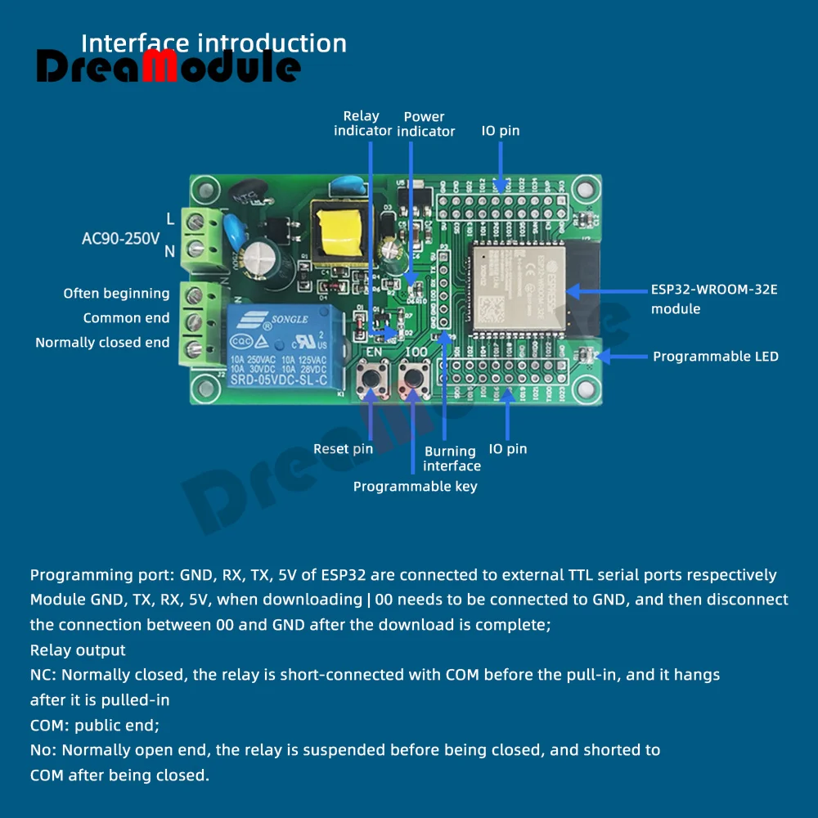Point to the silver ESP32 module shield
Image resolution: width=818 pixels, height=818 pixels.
pyautogui.click(x=515, y=285)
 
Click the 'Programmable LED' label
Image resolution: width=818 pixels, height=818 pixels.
pyautogui.click(x=715, y=357)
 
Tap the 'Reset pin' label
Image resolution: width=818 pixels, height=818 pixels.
pyautogui.click(x=343, y=448)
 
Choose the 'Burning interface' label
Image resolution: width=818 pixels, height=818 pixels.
pyautogui.click(x=452, y=458)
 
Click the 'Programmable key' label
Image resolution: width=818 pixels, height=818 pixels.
pyautogui.click(x=415, y=487)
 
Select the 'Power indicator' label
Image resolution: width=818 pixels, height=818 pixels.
pyautogui.click(x=425, y=124)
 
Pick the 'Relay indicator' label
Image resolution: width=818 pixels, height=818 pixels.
pyautogui.click(x=362, y=124)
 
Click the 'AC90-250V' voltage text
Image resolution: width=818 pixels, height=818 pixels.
pyautogui.click(x=120, y=239)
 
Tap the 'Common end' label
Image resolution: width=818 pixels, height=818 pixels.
pyautogui.click(x=126, y=318)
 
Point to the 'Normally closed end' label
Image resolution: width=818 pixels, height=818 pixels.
pyautogui.click(x=102, y=343)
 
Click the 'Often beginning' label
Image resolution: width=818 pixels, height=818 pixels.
pyautogui.click(x=116, y=294)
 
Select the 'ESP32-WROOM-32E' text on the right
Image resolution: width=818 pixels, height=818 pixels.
pyautogui.click(x=714, y=290)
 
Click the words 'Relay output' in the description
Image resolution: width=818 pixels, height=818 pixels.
pyautogui.click(x=78, y=650)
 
